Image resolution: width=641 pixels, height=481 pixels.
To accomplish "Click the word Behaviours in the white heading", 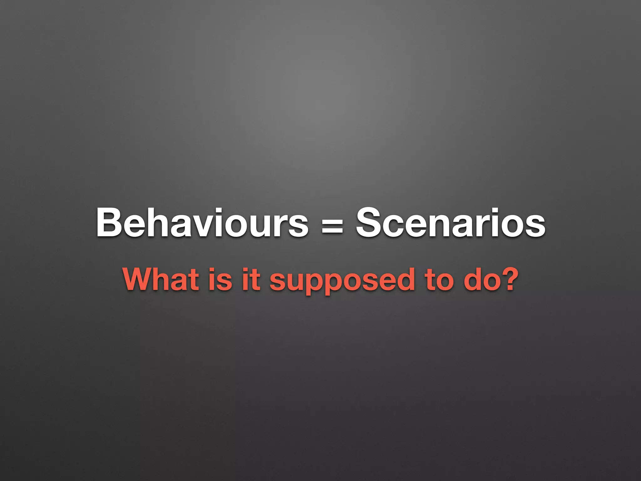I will coord(202,223).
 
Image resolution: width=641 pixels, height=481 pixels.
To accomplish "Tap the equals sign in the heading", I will coord(332,225).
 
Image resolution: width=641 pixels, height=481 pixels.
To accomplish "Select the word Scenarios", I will coord(451,223).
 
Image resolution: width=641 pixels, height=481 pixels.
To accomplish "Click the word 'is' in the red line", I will coord(219,279).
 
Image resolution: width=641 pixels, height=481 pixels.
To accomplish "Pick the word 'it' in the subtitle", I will coord(251,279).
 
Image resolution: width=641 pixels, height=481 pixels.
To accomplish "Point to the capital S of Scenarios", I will coord(369,223).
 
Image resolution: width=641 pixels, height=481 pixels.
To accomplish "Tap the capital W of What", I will coord(139,279).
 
